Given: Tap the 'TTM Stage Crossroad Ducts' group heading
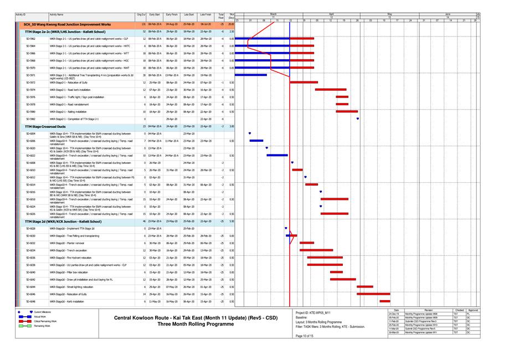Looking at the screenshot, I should click(46, 126).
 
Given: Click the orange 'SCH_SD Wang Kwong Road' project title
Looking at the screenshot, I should click(67, 25).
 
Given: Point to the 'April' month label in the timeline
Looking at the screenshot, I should click(331, 13).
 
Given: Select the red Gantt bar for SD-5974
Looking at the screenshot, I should click(331, 89).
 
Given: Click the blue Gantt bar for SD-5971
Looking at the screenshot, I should click(251, 75).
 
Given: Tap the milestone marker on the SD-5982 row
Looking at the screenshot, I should click(358, 119).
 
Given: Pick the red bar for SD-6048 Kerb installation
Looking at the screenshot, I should click(385, 301).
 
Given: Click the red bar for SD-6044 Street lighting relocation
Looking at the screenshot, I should click(365, 287).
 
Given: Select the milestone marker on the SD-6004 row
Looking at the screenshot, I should click(250, 133).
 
